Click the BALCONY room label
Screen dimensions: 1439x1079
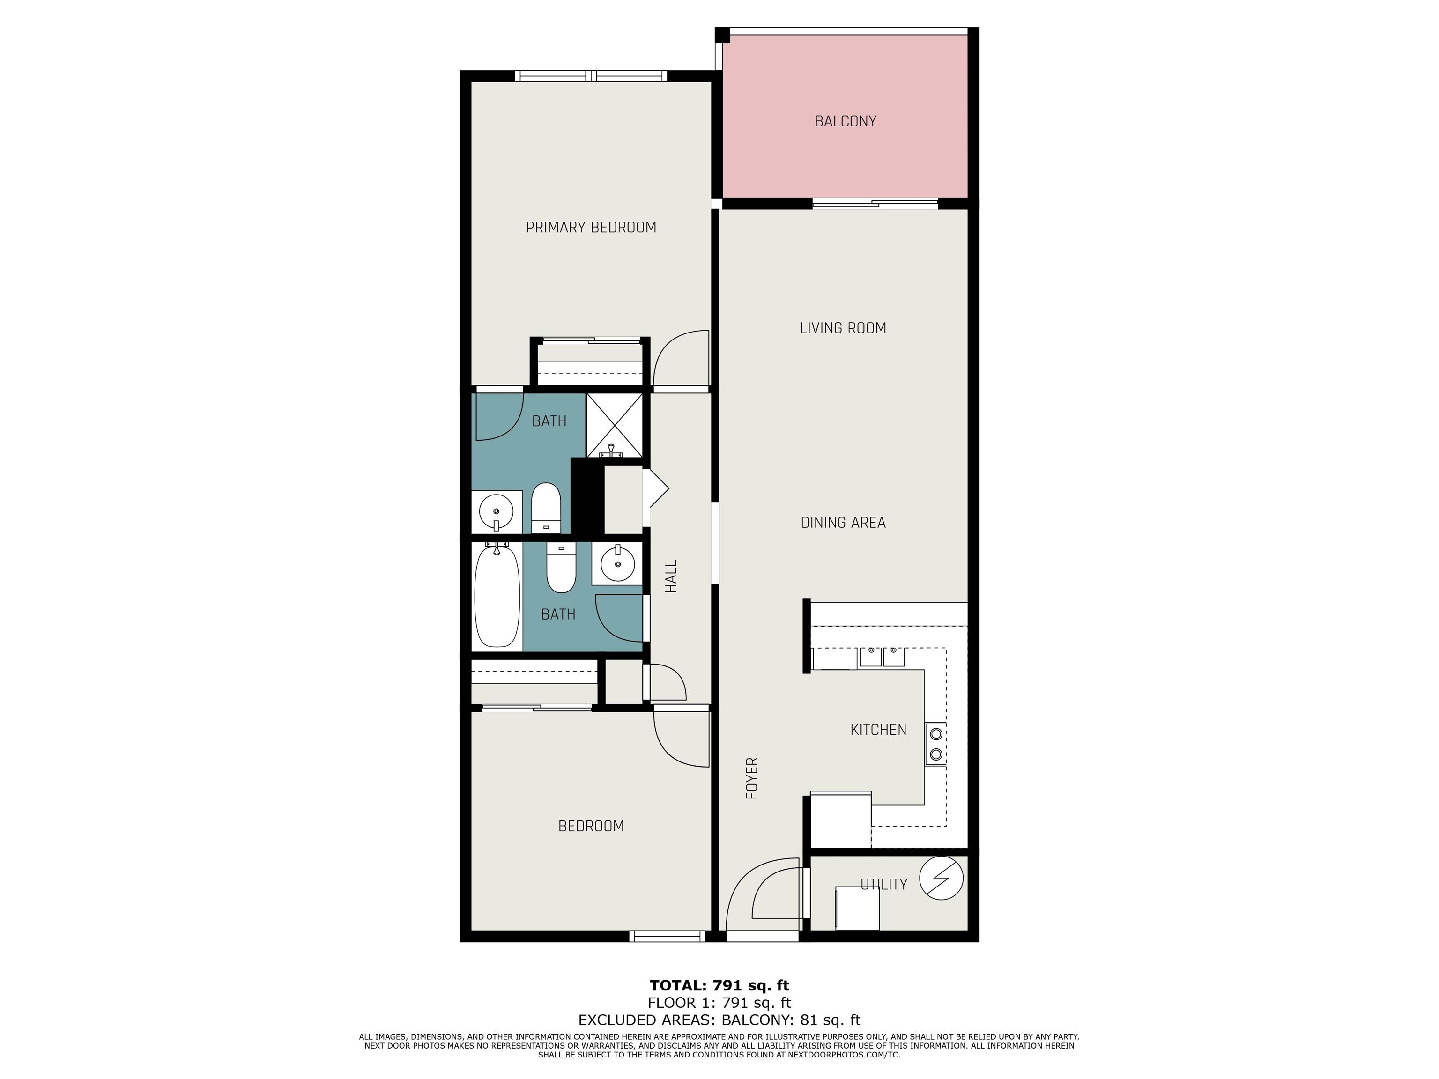click(x=845, y=121)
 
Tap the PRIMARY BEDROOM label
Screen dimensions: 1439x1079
click(x=591, y=227)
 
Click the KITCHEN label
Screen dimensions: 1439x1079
click(x=878, y=730)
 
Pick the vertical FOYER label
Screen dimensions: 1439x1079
click(x=752, y=778)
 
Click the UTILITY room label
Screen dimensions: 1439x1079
click(x=883, y=884)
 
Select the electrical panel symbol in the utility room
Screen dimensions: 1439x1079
click(x=941, y=879)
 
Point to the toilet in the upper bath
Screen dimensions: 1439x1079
click(x=546, y=508)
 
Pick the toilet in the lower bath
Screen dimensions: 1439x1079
click(x=561, y=568)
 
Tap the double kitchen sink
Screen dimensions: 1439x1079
click(x=882, y=658)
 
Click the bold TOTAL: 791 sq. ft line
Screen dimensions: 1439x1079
click(x=719, y=985)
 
